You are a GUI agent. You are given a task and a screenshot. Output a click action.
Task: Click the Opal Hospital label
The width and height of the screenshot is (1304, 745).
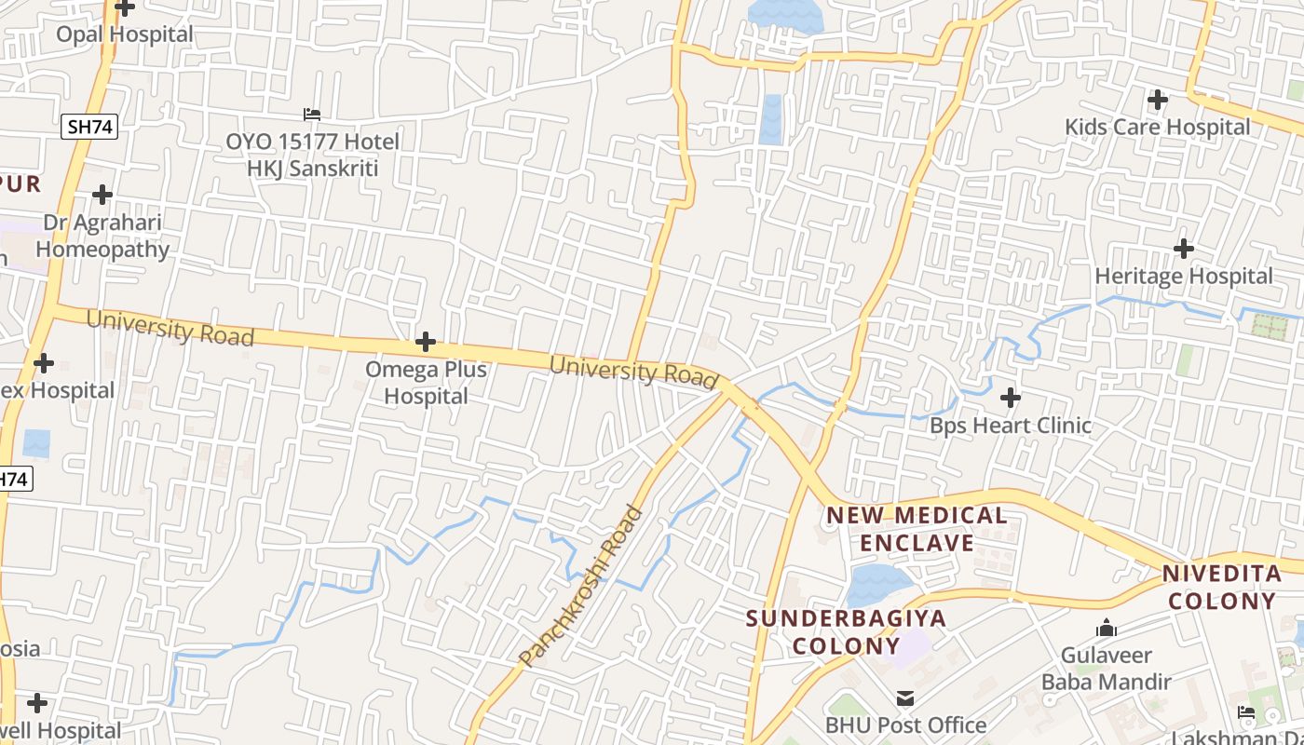[125, 34]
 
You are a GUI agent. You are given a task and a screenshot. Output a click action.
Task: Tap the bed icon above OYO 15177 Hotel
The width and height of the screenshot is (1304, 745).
[312, 115]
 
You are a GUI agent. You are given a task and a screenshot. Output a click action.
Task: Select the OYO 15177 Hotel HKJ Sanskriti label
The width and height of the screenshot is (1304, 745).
[312, 155]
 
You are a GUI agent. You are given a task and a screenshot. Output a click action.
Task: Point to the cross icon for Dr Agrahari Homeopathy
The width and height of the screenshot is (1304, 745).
[102, 195]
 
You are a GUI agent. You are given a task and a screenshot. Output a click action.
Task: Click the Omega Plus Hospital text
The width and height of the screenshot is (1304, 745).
[426, 383]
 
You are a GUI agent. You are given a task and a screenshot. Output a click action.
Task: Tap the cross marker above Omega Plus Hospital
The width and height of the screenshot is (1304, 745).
[426, 342]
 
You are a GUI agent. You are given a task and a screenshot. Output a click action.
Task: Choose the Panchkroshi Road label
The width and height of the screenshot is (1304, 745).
[581, 586]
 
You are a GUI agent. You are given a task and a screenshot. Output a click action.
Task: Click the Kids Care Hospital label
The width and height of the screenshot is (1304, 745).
[1157, 127]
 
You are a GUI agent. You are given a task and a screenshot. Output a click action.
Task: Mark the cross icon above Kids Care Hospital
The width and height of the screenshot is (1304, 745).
[1158, 99]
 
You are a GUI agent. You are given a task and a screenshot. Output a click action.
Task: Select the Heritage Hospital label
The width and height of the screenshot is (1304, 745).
[1183, 277]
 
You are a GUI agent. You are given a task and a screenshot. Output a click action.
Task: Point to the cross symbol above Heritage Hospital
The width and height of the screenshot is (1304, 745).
[1184, 249]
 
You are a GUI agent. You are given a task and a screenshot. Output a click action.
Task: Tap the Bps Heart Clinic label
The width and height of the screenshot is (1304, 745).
[1011, 426]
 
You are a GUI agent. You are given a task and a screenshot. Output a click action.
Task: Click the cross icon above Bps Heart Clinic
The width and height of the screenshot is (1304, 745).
[1011, 399]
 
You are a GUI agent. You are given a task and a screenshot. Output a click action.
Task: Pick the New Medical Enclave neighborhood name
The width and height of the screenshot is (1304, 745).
[917, 529]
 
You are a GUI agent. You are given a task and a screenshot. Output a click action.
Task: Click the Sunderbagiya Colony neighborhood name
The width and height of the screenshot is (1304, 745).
[846, 631]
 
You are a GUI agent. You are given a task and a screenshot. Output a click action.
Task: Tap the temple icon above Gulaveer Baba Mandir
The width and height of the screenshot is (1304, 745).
[1107, 629]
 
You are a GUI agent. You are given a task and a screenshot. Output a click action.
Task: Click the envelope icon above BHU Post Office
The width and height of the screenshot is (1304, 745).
[904, 698]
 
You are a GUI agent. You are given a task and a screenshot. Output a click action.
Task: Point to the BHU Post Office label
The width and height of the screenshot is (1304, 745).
[905, 725]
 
